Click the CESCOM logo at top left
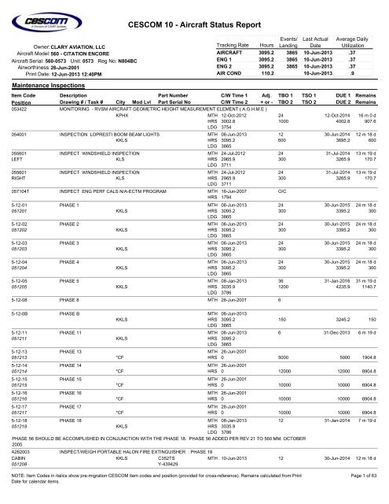coord(49,18)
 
